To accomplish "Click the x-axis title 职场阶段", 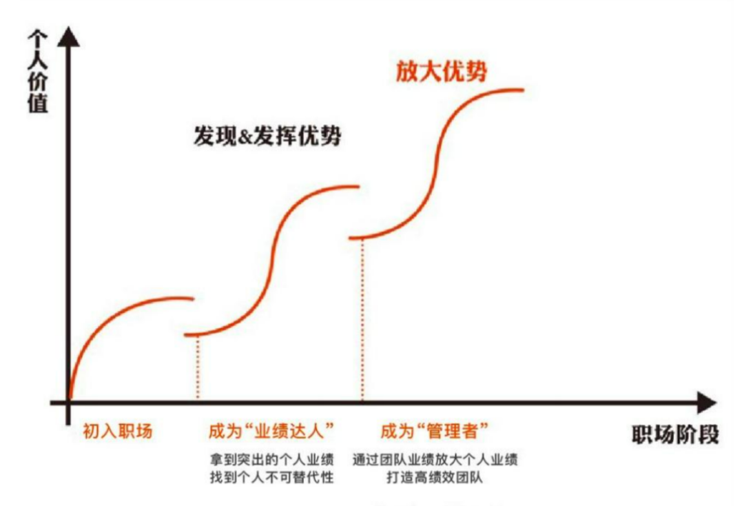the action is point(674,434).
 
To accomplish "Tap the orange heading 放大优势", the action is point(442,72).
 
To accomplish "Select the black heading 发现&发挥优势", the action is point(267,136).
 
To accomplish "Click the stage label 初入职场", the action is point(118,431).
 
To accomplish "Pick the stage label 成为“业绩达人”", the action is point(271,431).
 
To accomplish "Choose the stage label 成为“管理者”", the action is point(434,431).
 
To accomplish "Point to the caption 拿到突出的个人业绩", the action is point(272,460).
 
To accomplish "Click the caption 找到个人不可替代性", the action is point(272,477).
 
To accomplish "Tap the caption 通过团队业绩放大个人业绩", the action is point(435,460).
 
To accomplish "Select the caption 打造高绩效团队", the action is point(435,477).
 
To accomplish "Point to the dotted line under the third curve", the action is point(362,319).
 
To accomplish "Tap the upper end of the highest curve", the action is point(523,89).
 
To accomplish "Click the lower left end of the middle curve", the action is point(186,335).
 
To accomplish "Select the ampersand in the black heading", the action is point(245,136).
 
